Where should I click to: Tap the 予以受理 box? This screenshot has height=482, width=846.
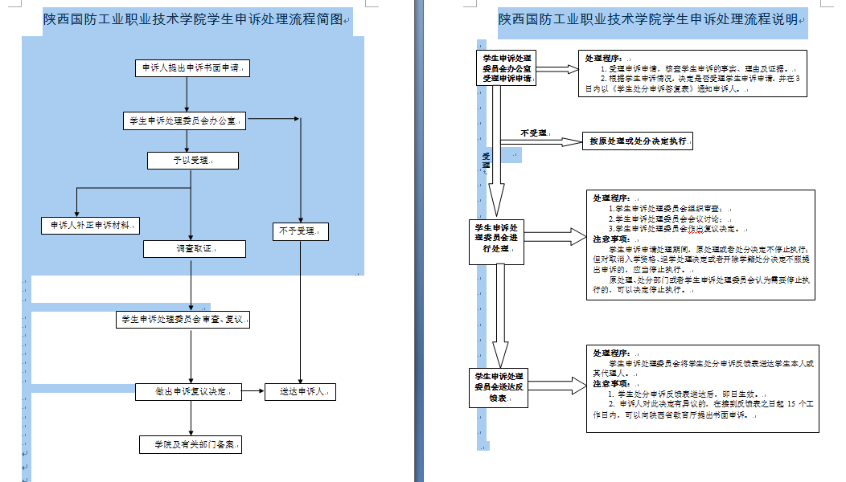(x=193, y=161)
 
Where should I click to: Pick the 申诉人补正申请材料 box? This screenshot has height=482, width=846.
(x=90, y=226)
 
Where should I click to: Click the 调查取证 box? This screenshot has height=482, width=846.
(x=194, y=249)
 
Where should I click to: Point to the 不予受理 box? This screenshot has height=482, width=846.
(x=299, y=231)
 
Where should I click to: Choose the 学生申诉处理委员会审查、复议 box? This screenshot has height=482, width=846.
(x=183, y=320)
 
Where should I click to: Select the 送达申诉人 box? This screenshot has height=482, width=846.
(x=301, y=392)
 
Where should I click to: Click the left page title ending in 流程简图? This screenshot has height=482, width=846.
(x=196, y=19)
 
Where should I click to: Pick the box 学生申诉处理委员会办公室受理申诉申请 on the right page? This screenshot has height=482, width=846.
(x=506, y=68)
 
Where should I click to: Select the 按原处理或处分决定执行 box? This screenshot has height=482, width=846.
(x=638, y=141)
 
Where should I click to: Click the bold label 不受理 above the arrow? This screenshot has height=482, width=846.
(x=534, y=133)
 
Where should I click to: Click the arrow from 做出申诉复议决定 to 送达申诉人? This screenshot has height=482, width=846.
(x=253, y=392)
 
